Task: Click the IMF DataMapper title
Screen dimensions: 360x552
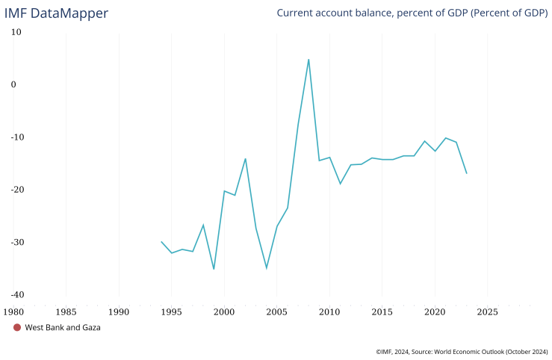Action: click(x=56, y=13)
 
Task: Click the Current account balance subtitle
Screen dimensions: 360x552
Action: click(x=412, y=13)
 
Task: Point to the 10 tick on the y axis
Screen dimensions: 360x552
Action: click(x=16, y=32)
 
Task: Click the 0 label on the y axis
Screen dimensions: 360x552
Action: click(x=13, y=84)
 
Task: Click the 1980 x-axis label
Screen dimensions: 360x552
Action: click(x=13, y=311)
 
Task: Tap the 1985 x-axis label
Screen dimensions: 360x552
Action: click(x=66, y=311)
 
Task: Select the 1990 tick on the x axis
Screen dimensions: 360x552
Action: click(x=119, y=311)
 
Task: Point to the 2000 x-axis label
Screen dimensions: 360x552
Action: click(x=224, y=311)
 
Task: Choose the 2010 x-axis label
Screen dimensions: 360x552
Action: click(x=329, y=311)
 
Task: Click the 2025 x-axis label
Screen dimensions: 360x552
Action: click(x=487, y=311)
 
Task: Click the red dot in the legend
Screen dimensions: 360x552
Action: click(x=17, y=327)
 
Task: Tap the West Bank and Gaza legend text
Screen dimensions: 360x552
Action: click(x=63, y=327)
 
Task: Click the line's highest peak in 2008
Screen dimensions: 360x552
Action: click(x=308, y=59)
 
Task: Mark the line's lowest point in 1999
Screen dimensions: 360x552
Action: click(x=214, y=269)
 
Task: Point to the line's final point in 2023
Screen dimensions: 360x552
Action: click(x=466, y=173)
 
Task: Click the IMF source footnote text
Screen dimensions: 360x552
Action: click(x=462, y=350)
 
